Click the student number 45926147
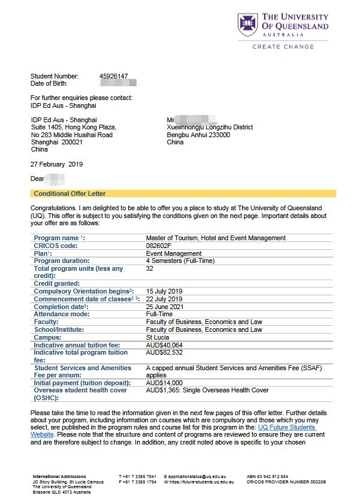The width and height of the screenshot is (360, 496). (x=113, y=76)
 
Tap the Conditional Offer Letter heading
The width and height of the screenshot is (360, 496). (x=69, y=193)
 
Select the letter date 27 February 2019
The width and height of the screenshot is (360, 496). (x=56, y=164)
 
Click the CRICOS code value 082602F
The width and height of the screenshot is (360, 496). (x=159, y=246)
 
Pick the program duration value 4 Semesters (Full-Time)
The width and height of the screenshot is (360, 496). (x=180, y=261)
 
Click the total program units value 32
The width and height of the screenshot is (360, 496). (x=150, y=269)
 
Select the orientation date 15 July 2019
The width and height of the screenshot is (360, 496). (x=164, y=291)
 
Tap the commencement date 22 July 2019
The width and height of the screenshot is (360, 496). (x=164, y=299)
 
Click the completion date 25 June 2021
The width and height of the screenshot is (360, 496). (x=165, y=307)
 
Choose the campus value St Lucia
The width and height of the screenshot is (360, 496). (x=158, y=337)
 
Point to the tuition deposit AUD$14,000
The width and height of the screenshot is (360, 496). (x=164, y=383)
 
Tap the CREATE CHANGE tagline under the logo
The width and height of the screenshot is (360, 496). (x=283, y=46)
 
